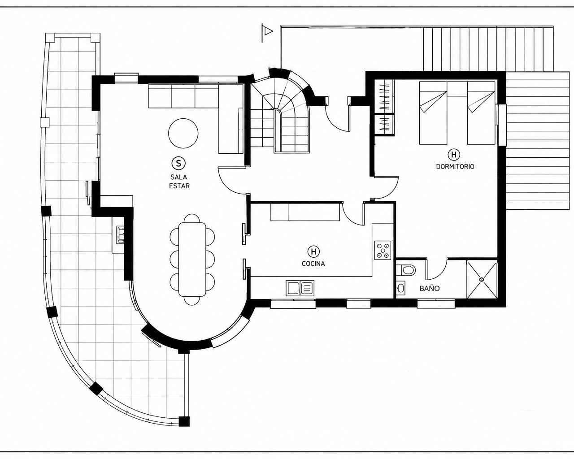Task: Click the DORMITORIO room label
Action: click(455, 167)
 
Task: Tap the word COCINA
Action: click(313, 264)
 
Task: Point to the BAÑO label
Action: click(430, 288)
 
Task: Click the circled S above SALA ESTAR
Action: click(178, 163)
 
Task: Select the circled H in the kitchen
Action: click(313, 251)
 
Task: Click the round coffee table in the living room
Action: click(183, 134)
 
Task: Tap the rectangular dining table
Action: click(192, 259)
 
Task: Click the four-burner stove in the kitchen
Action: click(383, 250)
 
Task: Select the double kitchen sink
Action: click(300, 288)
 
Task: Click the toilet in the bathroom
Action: click(406, 270)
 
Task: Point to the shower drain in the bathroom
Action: click(482, 280)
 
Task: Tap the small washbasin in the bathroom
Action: click(400, 288)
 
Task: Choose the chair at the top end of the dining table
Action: click(192, 218)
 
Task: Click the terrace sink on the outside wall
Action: click(120, 235)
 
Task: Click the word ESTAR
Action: click(179, 186)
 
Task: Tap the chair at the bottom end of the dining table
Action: click(192, 300)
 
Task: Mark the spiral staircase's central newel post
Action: click(278, 131)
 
